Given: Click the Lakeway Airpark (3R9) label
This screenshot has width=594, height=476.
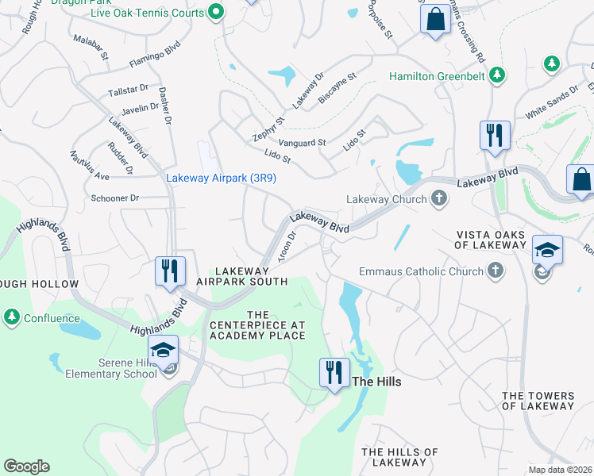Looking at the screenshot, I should [221, 178].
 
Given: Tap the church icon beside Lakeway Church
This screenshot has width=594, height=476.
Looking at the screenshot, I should [438, 199].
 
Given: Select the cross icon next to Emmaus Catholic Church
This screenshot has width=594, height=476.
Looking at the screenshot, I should [496, 271].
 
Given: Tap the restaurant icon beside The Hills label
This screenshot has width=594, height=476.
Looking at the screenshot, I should [334, 372].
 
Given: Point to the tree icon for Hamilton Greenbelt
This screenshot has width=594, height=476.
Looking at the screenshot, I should [497, 76].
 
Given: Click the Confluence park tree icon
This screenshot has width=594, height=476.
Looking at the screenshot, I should [12, 317].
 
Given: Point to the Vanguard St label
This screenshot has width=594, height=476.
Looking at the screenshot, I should [300, 143].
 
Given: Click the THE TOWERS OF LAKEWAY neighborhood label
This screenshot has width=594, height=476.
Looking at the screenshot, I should [538, 401].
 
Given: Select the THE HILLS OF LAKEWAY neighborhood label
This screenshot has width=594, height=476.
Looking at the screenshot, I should [399, 457].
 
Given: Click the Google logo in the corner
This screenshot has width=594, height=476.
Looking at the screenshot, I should [27, 466].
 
